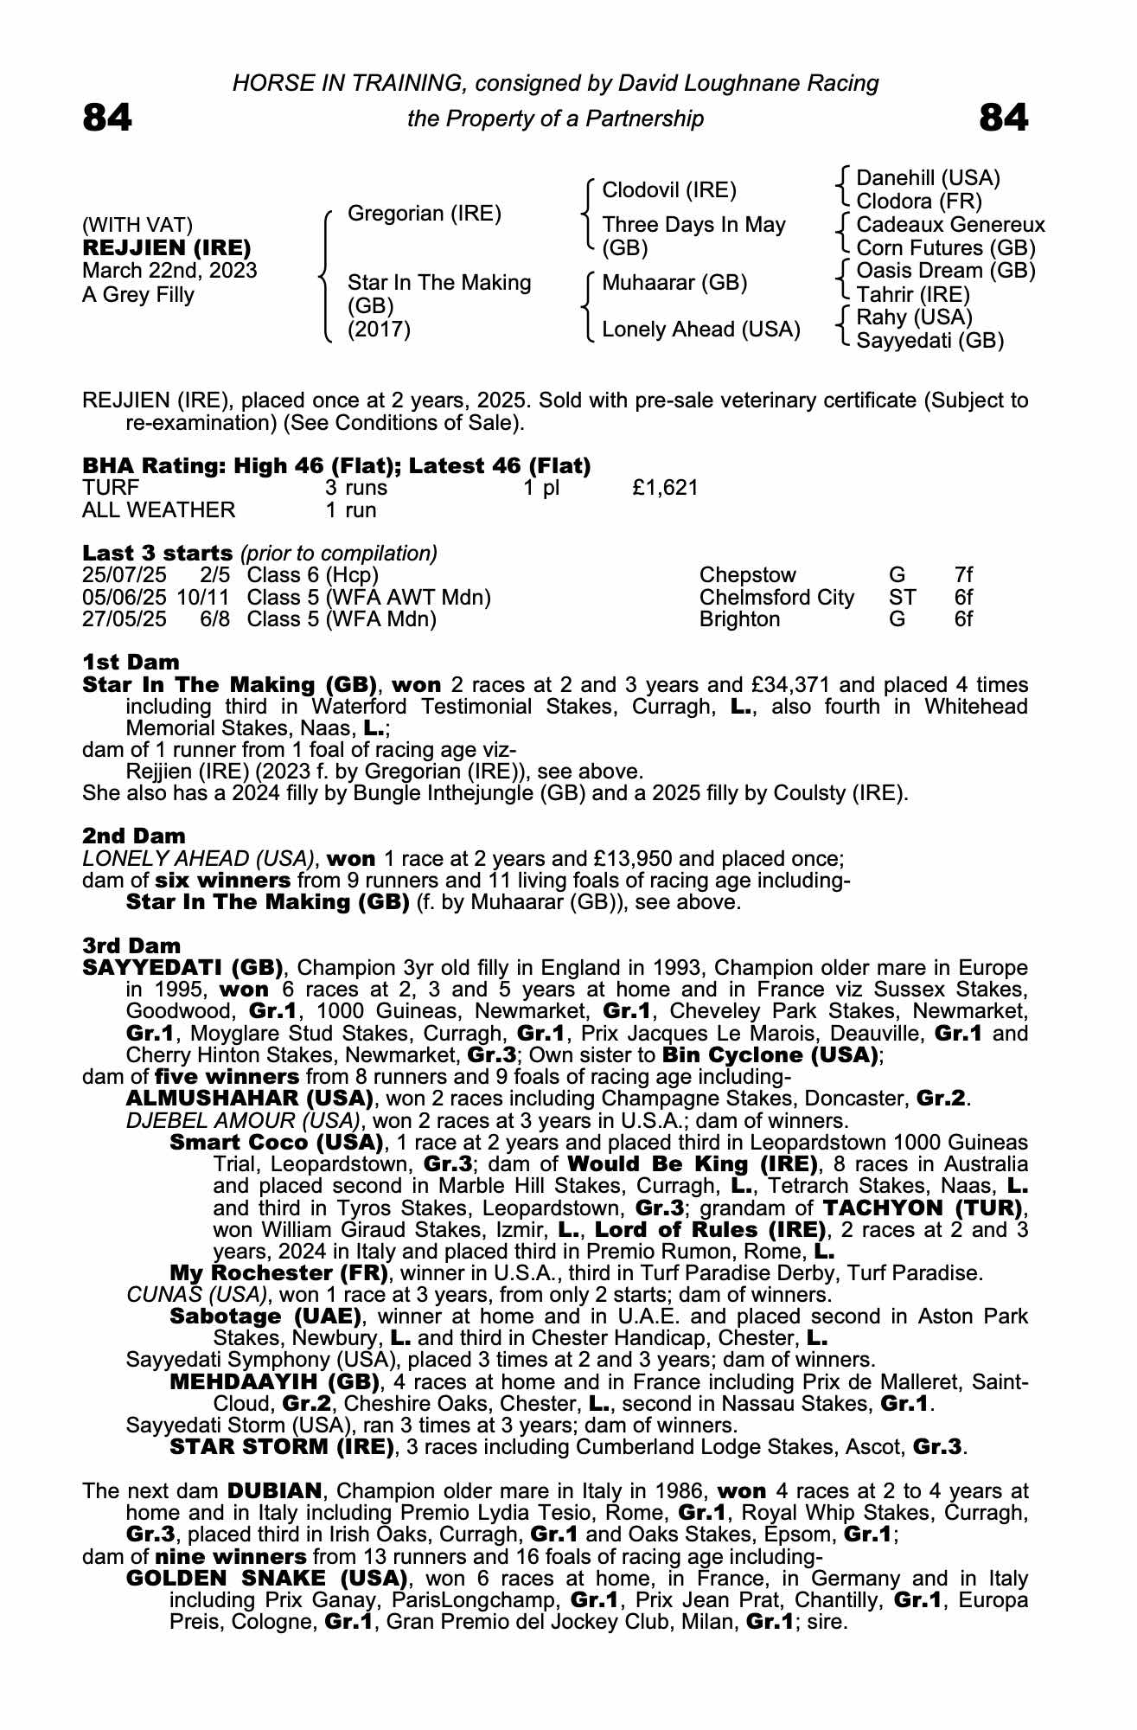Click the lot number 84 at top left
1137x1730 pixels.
click(107, 118)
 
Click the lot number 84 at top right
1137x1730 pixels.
click(1003, 118)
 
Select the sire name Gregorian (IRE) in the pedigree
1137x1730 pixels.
click(424, 214)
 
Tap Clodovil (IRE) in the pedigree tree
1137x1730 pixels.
click(668, 190)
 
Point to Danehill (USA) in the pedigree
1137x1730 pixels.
click(927, 178)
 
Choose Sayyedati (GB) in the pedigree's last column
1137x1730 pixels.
click(929, 341)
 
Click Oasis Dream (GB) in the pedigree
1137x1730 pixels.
click(945, 271)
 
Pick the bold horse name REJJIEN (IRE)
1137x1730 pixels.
click(166, 248)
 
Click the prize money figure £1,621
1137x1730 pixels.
click(664, 488)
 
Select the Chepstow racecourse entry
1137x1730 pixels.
click(747, 575)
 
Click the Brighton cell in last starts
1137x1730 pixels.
click(739, 619)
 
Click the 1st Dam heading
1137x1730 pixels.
click(131, 663)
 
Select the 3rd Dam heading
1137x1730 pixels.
click(131, 946)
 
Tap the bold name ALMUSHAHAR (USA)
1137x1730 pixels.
click(249, 1099)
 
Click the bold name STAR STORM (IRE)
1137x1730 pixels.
click(281, 1446)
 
